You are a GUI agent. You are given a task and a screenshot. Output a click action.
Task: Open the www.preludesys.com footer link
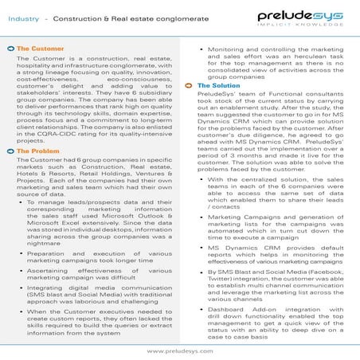tap(180, 350)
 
